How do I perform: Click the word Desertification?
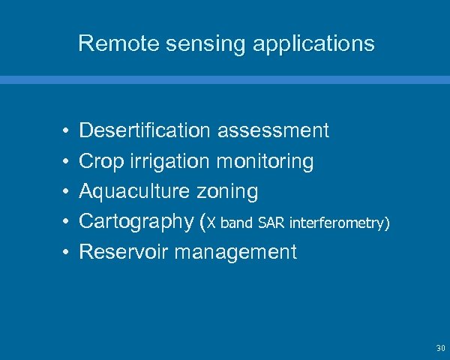[145, 131]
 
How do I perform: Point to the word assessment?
[273, 131]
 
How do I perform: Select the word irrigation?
[169, 161]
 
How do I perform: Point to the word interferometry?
[338, 223]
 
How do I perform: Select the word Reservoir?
[124, 251]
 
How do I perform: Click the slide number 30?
[439, 349]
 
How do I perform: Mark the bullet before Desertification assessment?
[66, 132]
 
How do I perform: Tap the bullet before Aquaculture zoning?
[66, 192]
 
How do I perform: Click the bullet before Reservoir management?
[66, 252]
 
